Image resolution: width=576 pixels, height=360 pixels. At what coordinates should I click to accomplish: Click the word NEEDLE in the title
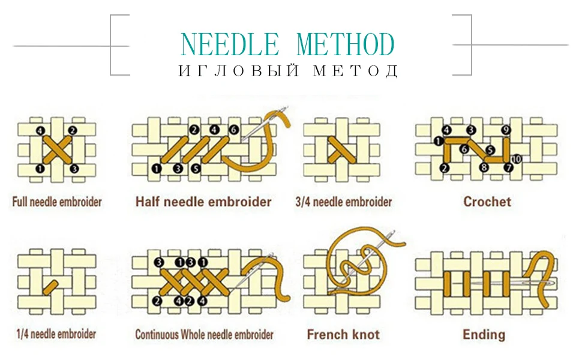pos(230,44)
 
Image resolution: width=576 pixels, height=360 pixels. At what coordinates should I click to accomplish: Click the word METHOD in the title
pos(346,44)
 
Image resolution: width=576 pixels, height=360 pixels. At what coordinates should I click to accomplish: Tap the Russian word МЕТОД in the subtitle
pos(355,71)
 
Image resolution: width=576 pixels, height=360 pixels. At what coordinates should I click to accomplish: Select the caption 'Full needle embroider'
pos(57,202)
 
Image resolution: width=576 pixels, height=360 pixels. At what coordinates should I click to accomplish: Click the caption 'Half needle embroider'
pos(203,202)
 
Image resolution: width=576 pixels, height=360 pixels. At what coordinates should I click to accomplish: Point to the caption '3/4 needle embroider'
pos(344,202)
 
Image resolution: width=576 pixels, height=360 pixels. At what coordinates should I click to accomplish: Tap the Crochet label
pos(487,202)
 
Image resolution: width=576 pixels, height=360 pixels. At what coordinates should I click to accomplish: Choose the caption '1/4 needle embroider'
pos(56,334)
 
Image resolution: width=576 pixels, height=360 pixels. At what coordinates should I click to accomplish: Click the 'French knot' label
pos(343,334)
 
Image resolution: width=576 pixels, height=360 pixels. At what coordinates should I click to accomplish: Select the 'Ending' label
pos(484,335)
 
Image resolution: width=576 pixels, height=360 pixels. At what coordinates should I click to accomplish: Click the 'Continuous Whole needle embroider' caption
pos(204,334)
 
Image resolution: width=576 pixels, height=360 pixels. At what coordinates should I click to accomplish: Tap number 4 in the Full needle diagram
pos(40,130)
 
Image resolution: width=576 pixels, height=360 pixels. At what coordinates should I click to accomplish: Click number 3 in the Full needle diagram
pos(74,169)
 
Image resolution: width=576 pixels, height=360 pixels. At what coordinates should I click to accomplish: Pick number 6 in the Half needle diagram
pos(233,130)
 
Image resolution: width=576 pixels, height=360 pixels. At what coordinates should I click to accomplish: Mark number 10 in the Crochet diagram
pos(517,159)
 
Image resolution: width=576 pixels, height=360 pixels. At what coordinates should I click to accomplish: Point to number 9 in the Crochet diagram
pos(506,130)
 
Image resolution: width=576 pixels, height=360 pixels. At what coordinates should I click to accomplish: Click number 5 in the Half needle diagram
pos(196,169)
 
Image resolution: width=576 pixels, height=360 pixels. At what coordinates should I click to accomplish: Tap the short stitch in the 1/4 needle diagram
pos(50,287)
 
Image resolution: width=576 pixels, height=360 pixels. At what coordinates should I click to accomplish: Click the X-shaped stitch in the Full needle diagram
pos(58,149)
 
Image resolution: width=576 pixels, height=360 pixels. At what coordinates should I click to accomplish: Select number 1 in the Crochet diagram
pos(438,141)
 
